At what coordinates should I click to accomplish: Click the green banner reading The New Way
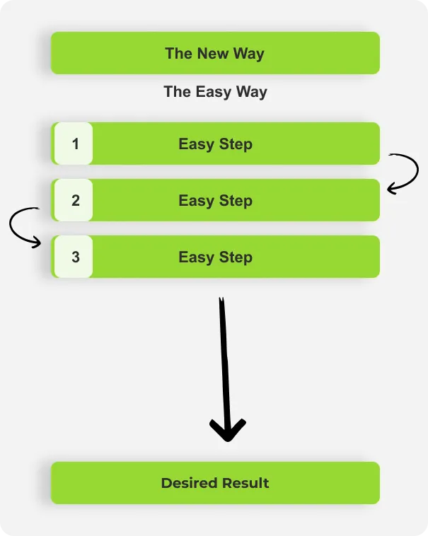pyautogui.click(x=215, y=53)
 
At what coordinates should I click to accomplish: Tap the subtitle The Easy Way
pyautogui.click(x=215, y=91)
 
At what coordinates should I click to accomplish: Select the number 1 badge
pyautogui.click(x=76, y=144)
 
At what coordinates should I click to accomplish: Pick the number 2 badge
pyautogui.click(x=76, y=200)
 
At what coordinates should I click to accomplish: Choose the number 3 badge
pyautogui.click(x=76, y=257)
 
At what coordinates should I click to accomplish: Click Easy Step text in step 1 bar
pyautogui.click(x=215, y=144)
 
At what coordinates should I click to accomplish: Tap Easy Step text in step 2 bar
pyautogui.click(x=215, y=200)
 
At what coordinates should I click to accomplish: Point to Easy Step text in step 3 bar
pyautogui.click(x=215, y=257)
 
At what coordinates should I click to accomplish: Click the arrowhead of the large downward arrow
pyautogui.click(x=227, y=431)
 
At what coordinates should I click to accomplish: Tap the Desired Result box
pyautogui.click(x=215, y=483)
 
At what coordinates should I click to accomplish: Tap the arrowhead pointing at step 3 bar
pyautogui.click(x=37, y=243)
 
